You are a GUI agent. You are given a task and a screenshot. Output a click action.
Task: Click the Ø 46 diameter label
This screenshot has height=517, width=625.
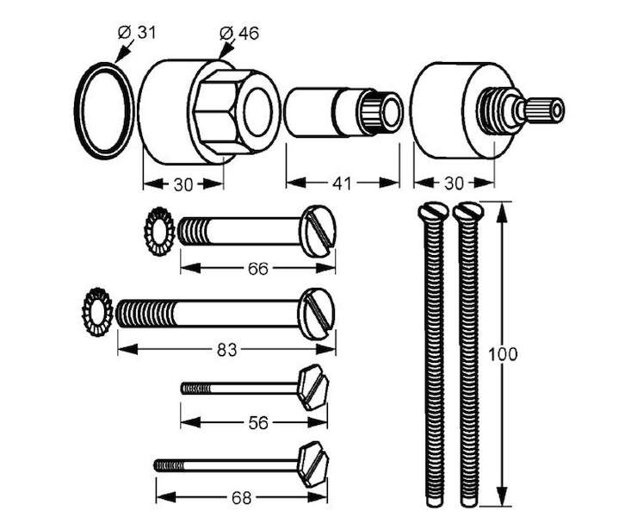pos(240,34)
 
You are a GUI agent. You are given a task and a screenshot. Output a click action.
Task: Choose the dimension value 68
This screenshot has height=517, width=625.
pos(243,497)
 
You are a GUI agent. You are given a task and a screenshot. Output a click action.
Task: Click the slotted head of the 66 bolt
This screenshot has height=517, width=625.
pos(319,230)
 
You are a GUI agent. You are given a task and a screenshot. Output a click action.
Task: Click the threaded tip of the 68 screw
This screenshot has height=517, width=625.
pos(166,465)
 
